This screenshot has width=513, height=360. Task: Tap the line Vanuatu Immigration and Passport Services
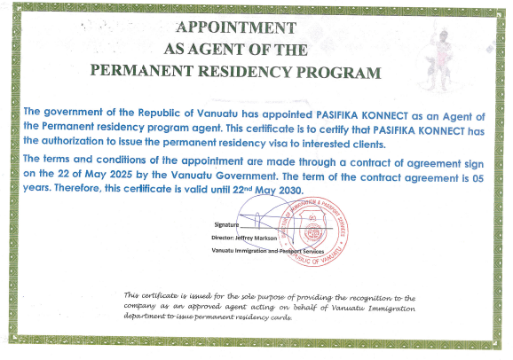(x=275, y=253)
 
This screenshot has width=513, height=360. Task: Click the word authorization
(x=97, y=144)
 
